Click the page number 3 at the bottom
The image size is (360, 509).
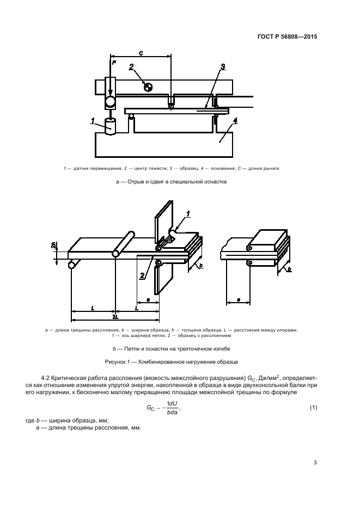click(315, 463)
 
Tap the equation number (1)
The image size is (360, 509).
click(313, 408)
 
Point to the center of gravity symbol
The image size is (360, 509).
click(148, 86)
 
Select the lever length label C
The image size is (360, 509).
click(141, 53)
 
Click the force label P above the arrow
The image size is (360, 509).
click(114, 63)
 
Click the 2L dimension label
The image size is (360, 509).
click(114, 316)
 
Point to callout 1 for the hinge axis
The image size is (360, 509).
click(188, 214)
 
